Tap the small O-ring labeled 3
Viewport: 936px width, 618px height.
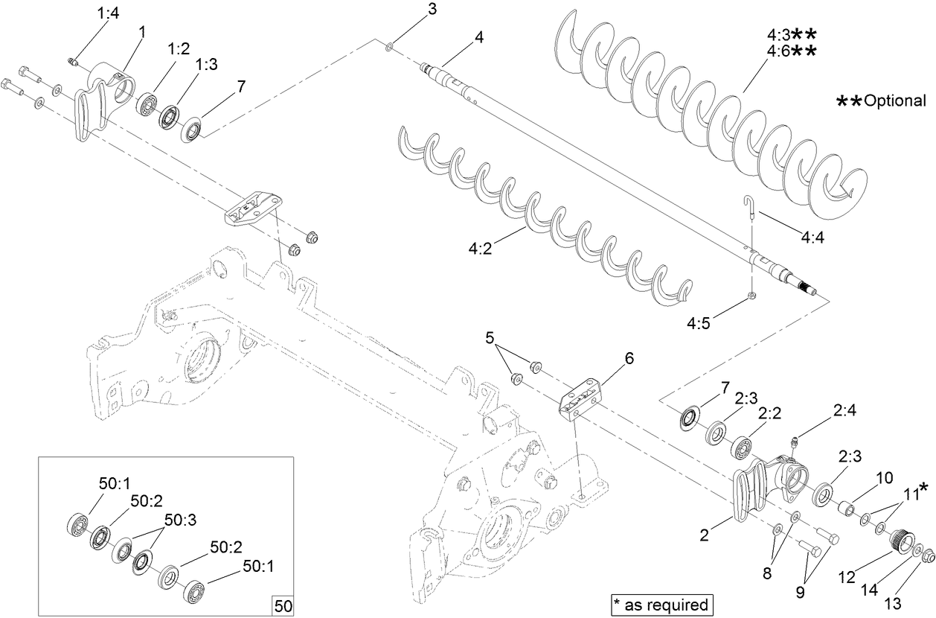click(x=391, y=48)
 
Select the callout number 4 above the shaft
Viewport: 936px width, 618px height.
click(x=479, y=36)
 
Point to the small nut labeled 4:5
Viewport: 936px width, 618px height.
click(x=751, y=296)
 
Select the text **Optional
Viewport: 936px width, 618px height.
click(x=881, y=101)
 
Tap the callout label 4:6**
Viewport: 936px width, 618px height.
click(x=792, y=51)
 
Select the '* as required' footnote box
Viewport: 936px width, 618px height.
click(x=660, y=604)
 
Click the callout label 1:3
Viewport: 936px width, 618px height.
click(x=206, y=66)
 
